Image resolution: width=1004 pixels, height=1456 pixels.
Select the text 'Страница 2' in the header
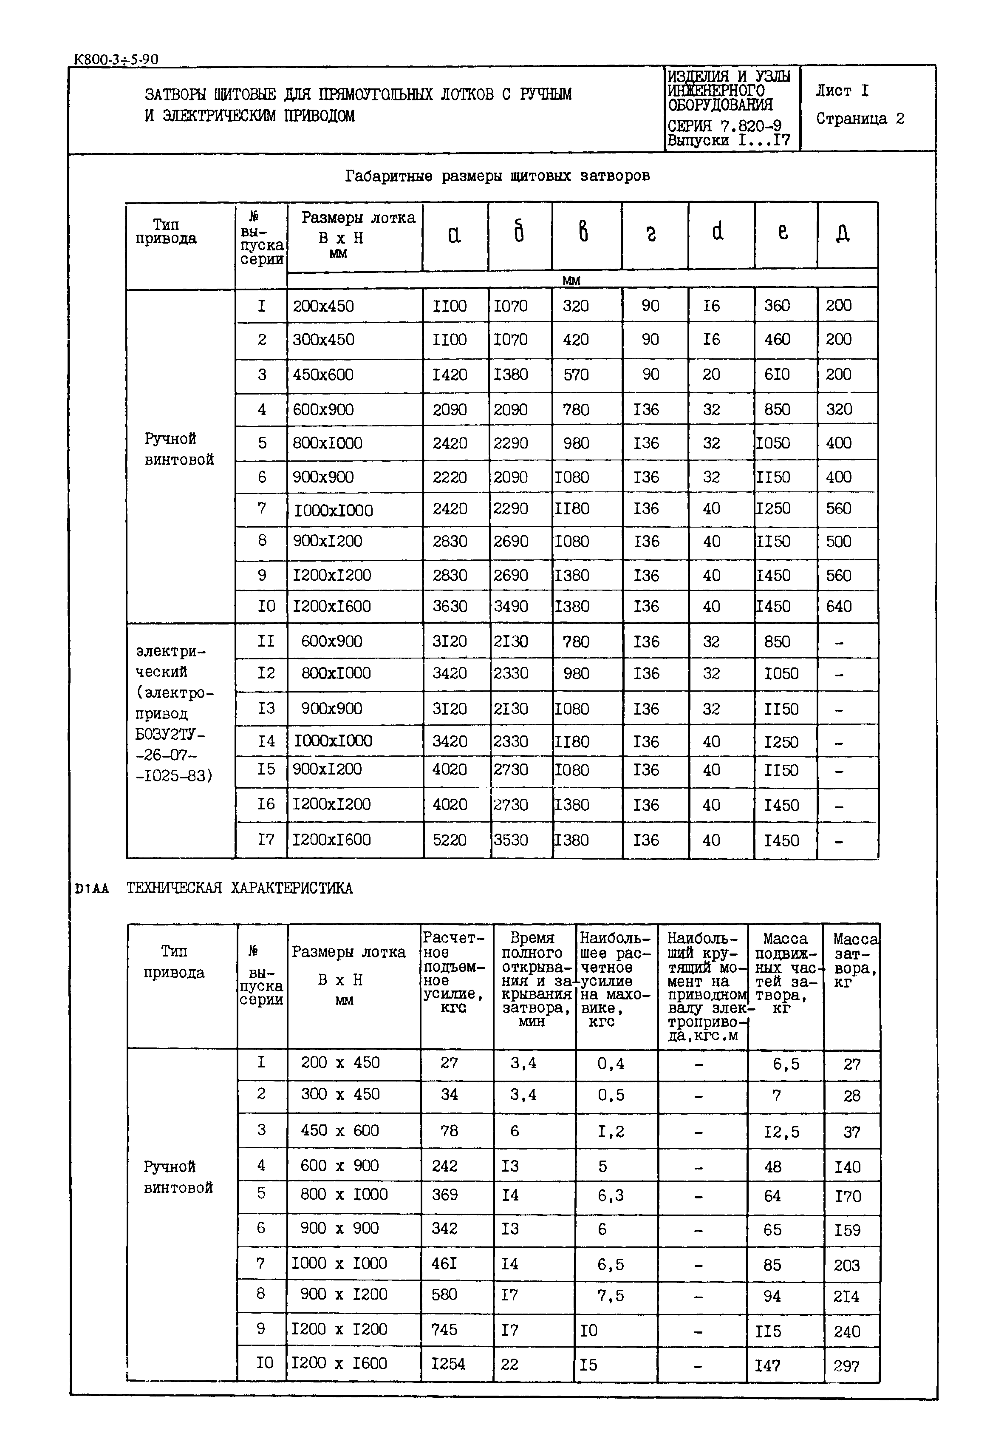click(x=860, y=119)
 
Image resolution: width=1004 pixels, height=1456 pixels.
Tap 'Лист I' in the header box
click(x=842, y=91)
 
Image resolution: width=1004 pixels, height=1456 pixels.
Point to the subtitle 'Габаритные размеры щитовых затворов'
click(x=497, y=176)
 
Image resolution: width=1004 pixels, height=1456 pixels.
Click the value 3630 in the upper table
click(x=450, y=607)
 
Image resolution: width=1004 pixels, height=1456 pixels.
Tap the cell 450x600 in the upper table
click(x=323, y=375)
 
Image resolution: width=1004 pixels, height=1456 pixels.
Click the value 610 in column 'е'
click(x=777, y=375)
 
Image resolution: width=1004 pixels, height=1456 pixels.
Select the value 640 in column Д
click(x=839, y=607)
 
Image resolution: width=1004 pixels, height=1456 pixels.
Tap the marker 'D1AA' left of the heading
click(x=92, y=889)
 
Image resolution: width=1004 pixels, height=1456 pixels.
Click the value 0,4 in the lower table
click(x=611, y=1063)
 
